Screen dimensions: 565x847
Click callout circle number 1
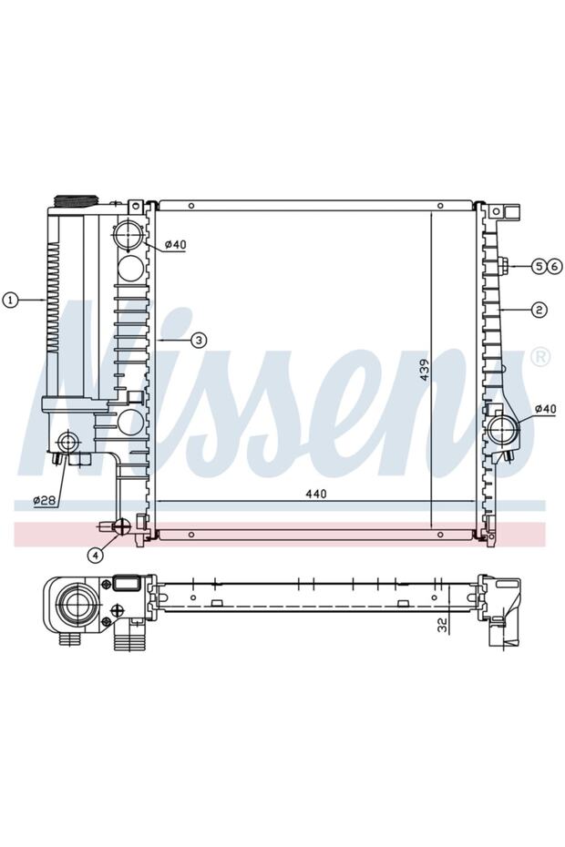[10, 300]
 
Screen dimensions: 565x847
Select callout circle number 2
[539, 310]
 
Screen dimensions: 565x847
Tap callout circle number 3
[199, 340]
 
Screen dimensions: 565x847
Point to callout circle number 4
[95, 555]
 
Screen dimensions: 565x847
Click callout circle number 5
[539, 266]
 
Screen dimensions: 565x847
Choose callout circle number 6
[552, 266]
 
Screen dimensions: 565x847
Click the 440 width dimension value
[315, 494]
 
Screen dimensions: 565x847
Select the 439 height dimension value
[425, 370]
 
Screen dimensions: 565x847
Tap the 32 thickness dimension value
[442, 625]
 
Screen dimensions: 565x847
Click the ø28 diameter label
[45, 501]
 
